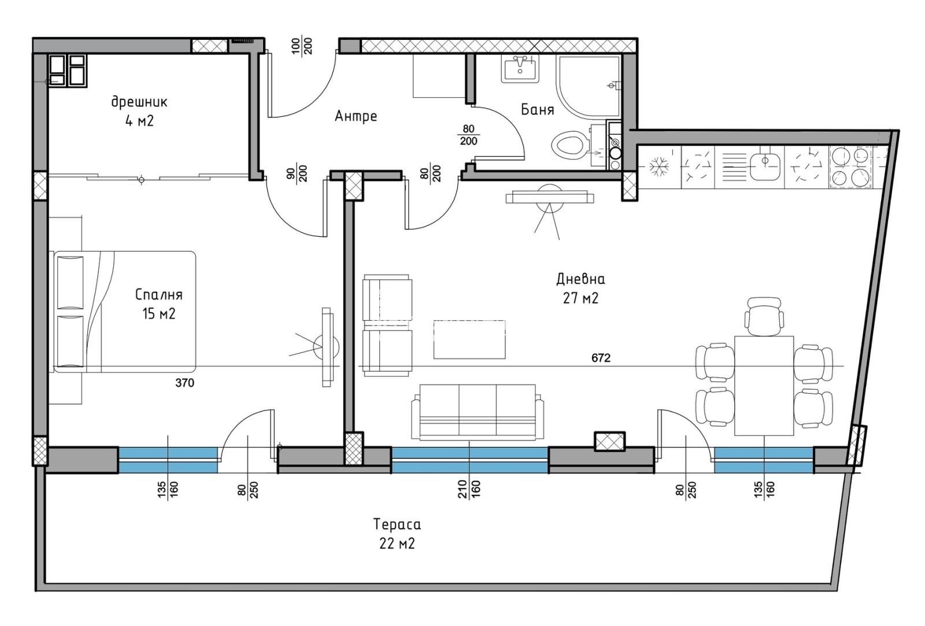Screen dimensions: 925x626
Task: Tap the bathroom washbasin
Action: pos(520,69)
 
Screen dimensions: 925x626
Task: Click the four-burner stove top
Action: pos(850,166)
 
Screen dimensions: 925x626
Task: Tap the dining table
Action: pos(764,386)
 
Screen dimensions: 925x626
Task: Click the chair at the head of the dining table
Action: pos(764,316)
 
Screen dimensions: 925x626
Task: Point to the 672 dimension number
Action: pos(601,358)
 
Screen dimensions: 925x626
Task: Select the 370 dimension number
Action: pos(184,383)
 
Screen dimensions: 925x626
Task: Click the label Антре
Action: pos(356,116)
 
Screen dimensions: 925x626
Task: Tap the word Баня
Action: pos(537,109)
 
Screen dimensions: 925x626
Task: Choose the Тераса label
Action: pos(397,524)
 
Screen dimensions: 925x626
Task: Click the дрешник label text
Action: pos(139,102)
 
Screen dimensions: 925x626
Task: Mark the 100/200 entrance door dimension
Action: pos(302,46)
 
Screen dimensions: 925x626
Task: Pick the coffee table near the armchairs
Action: pos(469,339)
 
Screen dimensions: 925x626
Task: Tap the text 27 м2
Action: pos(580,298)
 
